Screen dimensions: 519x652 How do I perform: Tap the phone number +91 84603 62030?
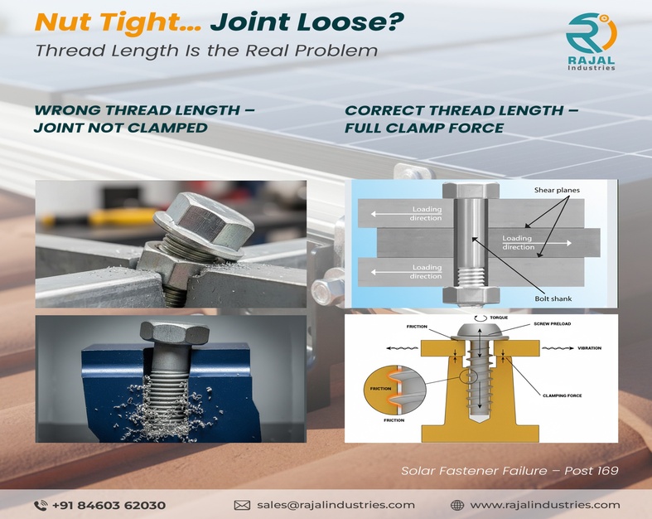(109, 504)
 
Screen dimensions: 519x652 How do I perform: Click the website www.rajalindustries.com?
(544, 504)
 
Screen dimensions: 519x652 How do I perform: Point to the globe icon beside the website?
(456, 504)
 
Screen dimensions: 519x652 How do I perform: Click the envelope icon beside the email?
(242, 504)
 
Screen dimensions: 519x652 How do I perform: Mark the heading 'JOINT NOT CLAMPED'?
(120, 128)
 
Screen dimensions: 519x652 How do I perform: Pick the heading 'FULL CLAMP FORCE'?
(424, 128)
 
